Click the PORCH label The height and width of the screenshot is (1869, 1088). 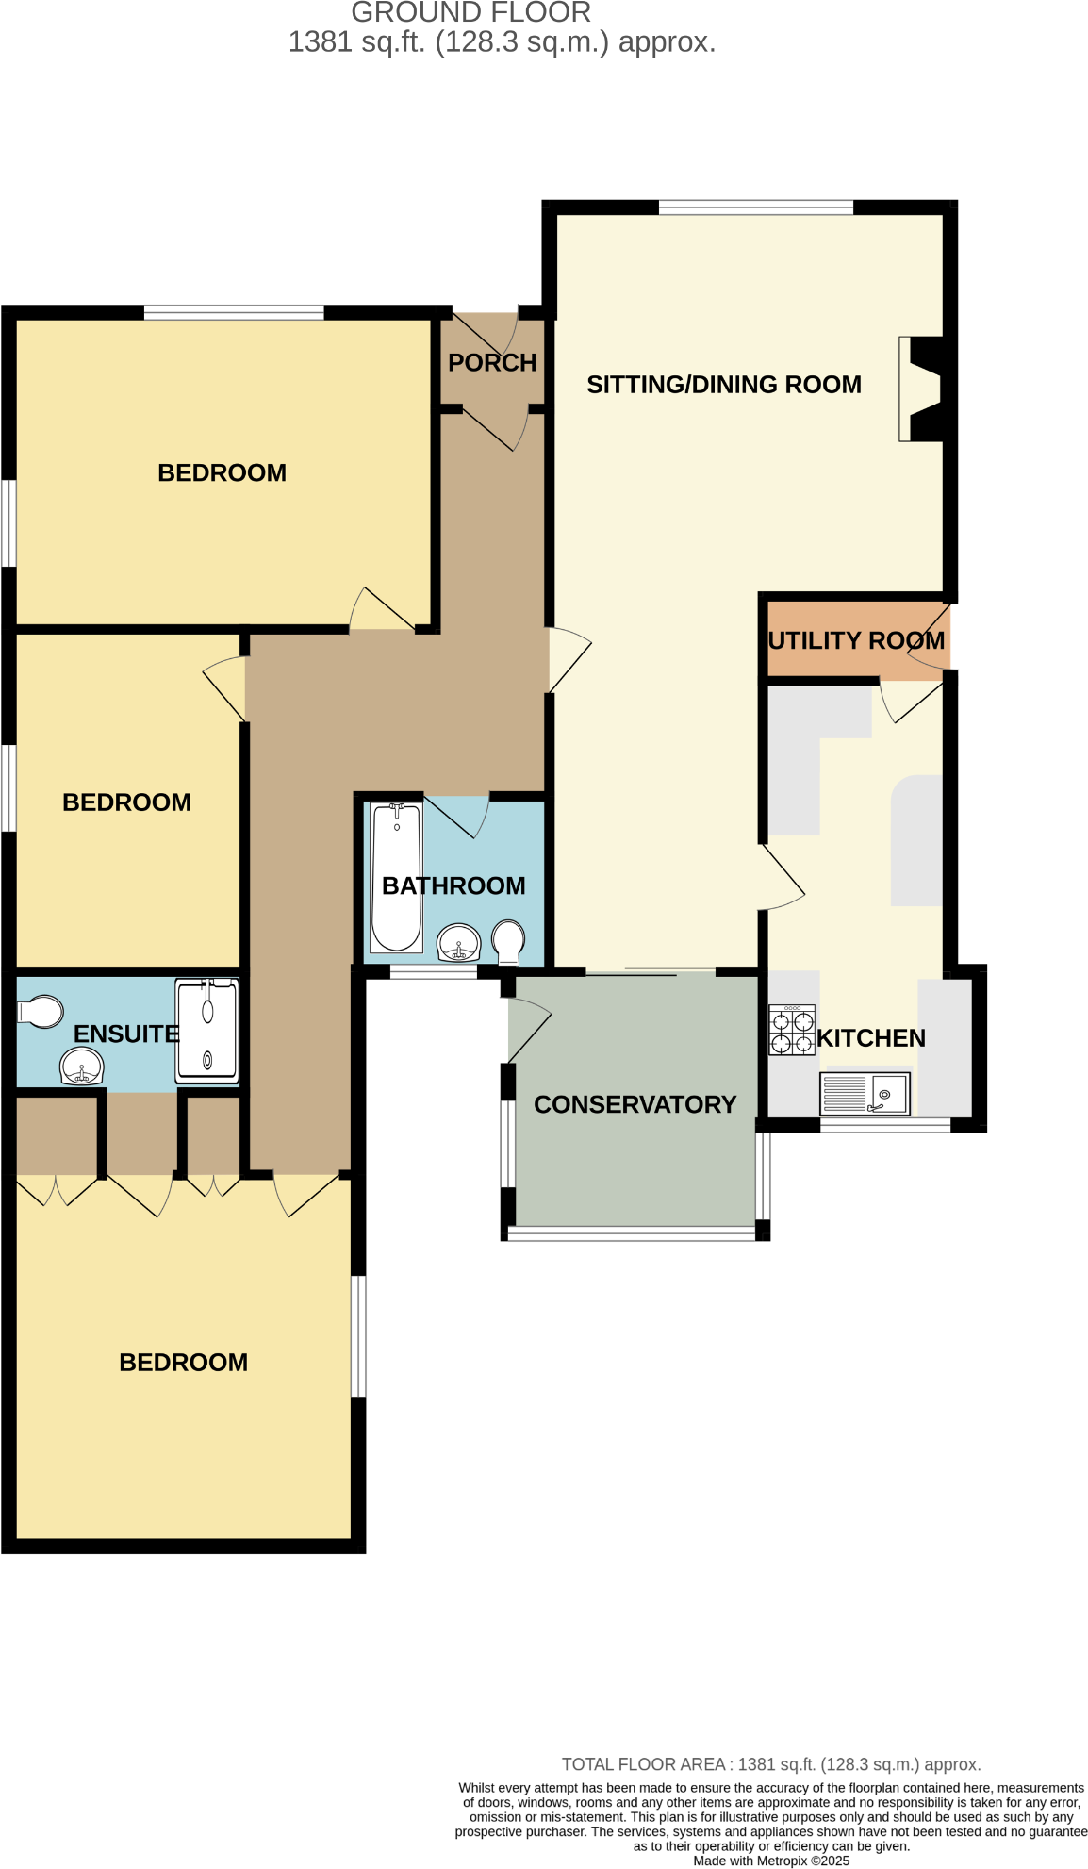click(491, 363)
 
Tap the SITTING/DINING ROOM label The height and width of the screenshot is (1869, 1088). click(723, 385)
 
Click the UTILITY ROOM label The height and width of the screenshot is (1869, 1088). click(855, 641)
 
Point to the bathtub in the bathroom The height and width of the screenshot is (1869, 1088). click(396, 877)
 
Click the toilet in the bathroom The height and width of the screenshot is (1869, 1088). click(508, 941)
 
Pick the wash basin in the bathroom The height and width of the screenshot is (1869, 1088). click(459, 942)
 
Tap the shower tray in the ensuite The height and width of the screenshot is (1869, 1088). click(207, 1031)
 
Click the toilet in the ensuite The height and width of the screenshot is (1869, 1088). click(41, 1011)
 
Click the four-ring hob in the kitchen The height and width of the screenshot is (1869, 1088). click(791, 1030)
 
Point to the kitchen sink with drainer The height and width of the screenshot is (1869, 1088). click(865, 1094)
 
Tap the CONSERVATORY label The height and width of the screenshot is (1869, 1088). click(635, 1105)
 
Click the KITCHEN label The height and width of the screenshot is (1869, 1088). click(870, 1038)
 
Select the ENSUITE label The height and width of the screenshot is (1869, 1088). click(125, 1034)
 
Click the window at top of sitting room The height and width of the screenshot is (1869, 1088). click(755, 207)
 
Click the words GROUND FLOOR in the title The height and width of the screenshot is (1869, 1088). click(470, 13)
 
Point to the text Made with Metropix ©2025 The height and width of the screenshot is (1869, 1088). click(770, 1861)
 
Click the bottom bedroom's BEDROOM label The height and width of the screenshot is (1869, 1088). click(183, 1363)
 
